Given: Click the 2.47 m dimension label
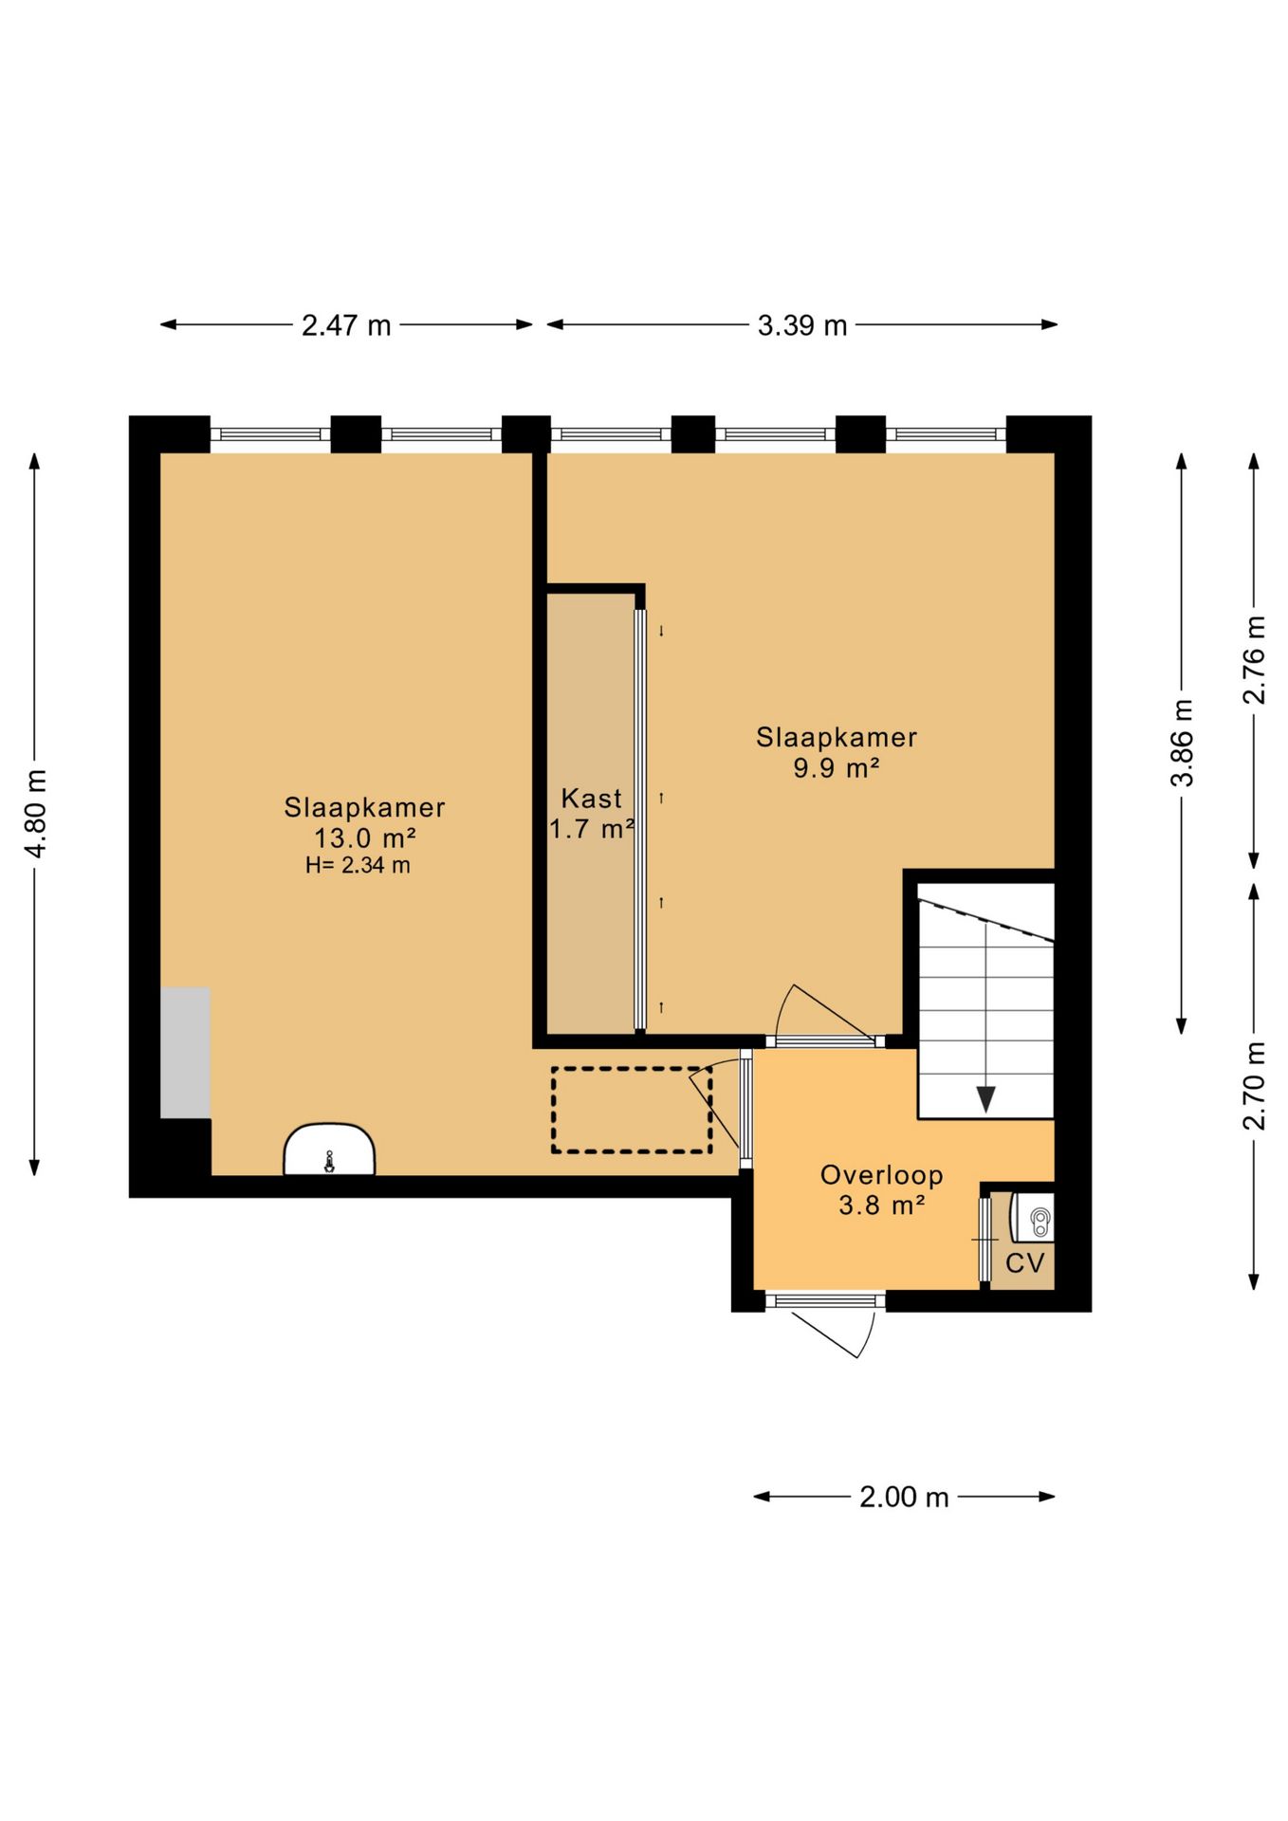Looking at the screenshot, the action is click(x=346, y=325).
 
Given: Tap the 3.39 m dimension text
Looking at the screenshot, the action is click(x=801, y=325).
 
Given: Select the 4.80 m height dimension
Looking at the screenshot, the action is click(x=36, y=814).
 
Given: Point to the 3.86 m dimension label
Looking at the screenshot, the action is click(x=1182, y=743).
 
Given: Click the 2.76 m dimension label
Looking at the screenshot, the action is click(x=1254, y=660).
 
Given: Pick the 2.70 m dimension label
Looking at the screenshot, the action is click(x=1254, y=1086).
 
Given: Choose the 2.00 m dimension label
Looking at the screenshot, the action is click(x=904, y=1497).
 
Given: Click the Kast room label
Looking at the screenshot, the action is click(x=592, y=798).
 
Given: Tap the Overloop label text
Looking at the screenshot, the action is click(x=882, y=1175).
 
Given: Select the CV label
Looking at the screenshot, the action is click(x=1024, y=1262).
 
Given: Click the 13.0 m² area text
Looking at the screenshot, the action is click(x=365, y=837).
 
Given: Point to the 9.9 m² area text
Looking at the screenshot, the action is click(x=836, y=767).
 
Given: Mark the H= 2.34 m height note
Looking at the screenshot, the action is click(x=358, y=865).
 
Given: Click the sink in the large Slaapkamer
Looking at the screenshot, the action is click(x=329, y=1150).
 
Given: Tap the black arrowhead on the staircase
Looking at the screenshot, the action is click(x=985, y=1099).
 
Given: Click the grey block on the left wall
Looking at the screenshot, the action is click(x=185, y=1053).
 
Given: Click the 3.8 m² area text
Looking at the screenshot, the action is click(x=882, y=1205).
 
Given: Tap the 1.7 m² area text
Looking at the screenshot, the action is click(x=592, y=829).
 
